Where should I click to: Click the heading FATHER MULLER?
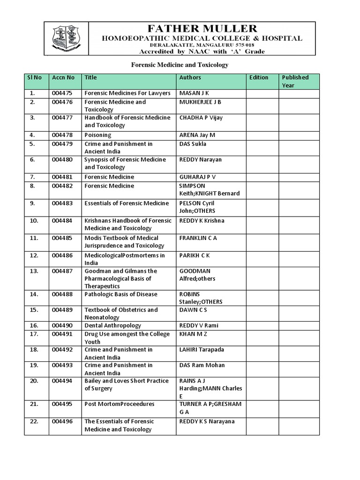(x=202, y=29)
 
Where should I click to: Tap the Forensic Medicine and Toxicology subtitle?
(x=179, y=65)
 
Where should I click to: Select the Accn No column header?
(x=63, y=77)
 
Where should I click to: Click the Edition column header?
(x=259, y=77)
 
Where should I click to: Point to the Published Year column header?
(x=295, y=81)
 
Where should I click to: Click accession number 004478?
(x=62, y=135)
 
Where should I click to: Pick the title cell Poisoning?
(x=97, y=135)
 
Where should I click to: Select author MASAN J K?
(x=194, y=93)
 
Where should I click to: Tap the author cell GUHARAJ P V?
(x=197, y=177)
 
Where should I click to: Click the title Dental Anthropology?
(x=112, y=325)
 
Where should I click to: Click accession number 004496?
(x=62, y=421)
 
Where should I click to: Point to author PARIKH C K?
(x=195, y=255)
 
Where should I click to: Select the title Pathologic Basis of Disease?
(x=121, y=294)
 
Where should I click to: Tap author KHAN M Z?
(x=193, y=334)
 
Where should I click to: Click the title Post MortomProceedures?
(x=120, y=404)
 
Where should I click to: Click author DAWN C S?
(x=193, y=310)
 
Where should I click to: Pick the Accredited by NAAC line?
(x=202, y=52)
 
